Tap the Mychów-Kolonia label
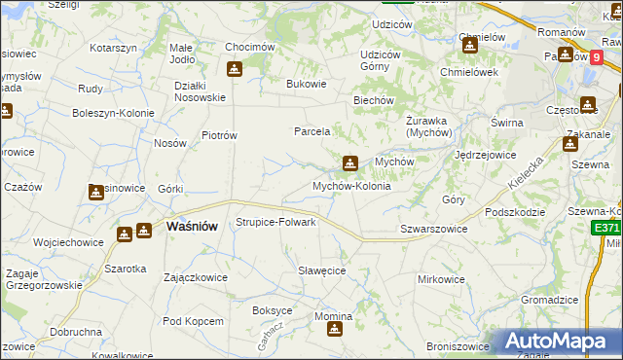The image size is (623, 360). pyautogui.click(x=351, y=186)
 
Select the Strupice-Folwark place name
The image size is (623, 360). pyautogui.click(x=276, y=222)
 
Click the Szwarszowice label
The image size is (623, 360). pyautogui.click(x=434, y=229)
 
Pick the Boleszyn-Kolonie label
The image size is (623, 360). pyautogui.click(x=114, y=113)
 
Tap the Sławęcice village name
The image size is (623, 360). pyautogui.click(x=322, y=270)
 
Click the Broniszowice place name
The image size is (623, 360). pyautogui.click(x=458, y=346)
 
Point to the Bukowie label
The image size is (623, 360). pyautogui.click(x=307, y=84)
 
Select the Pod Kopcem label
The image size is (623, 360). pyautogui.click(x=194, y=320)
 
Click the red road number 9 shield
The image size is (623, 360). pyautogui.click(x=595, y=57)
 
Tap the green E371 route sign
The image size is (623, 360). pyautogui.click(x=605, y=228)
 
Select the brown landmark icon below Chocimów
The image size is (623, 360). pyautogui.click(x=234, y=69)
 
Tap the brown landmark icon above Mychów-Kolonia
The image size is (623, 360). pyautogui.click(x=349, y=163)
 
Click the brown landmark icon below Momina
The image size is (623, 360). pyautogui.click(x=335, y=330)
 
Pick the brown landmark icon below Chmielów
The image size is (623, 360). pyautogui.click(x=470, y=45)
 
